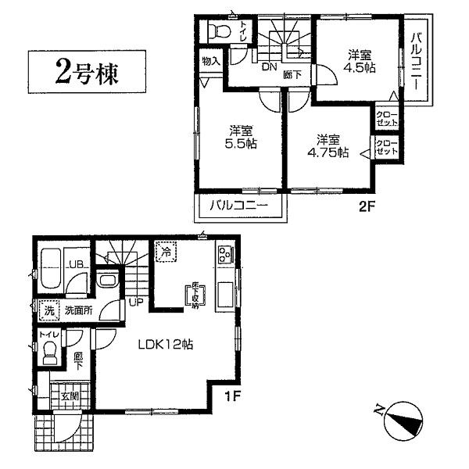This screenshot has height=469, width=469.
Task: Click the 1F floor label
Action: click(x=232, y=397)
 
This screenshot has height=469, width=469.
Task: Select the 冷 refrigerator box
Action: click(x=166, y=252)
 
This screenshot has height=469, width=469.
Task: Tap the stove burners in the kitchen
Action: click(x=224, y=255)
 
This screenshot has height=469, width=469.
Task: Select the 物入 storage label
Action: click(x=210, y=59)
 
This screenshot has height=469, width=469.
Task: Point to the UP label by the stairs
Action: click(x=135, y=302)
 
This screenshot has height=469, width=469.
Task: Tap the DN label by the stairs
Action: click(x=269, y=67)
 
